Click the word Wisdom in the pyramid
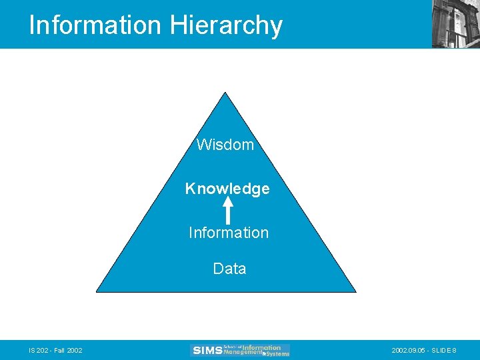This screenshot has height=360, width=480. [225, 145]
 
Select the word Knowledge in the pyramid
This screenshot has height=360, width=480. [227, 189]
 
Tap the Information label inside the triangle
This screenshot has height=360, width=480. [229, 233]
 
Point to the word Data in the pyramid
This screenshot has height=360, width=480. [229, 269]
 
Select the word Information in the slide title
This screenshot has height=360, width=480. [95, 25]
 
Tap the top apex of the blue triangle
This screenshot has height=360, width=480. [227, 93]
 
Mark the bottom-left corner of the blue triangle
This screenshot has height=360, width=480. [98, 291]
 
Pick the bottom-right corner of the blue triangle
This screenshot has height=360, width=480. [355, 291]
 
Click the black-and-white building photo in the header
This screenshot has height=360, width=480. [455, 23]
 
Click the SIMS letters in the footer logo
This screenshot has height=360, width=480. [207, 350]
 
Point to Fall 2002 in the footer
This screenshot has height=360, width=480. [68, 351]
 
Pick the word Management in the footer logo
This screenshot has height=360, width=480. [243, 352]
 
